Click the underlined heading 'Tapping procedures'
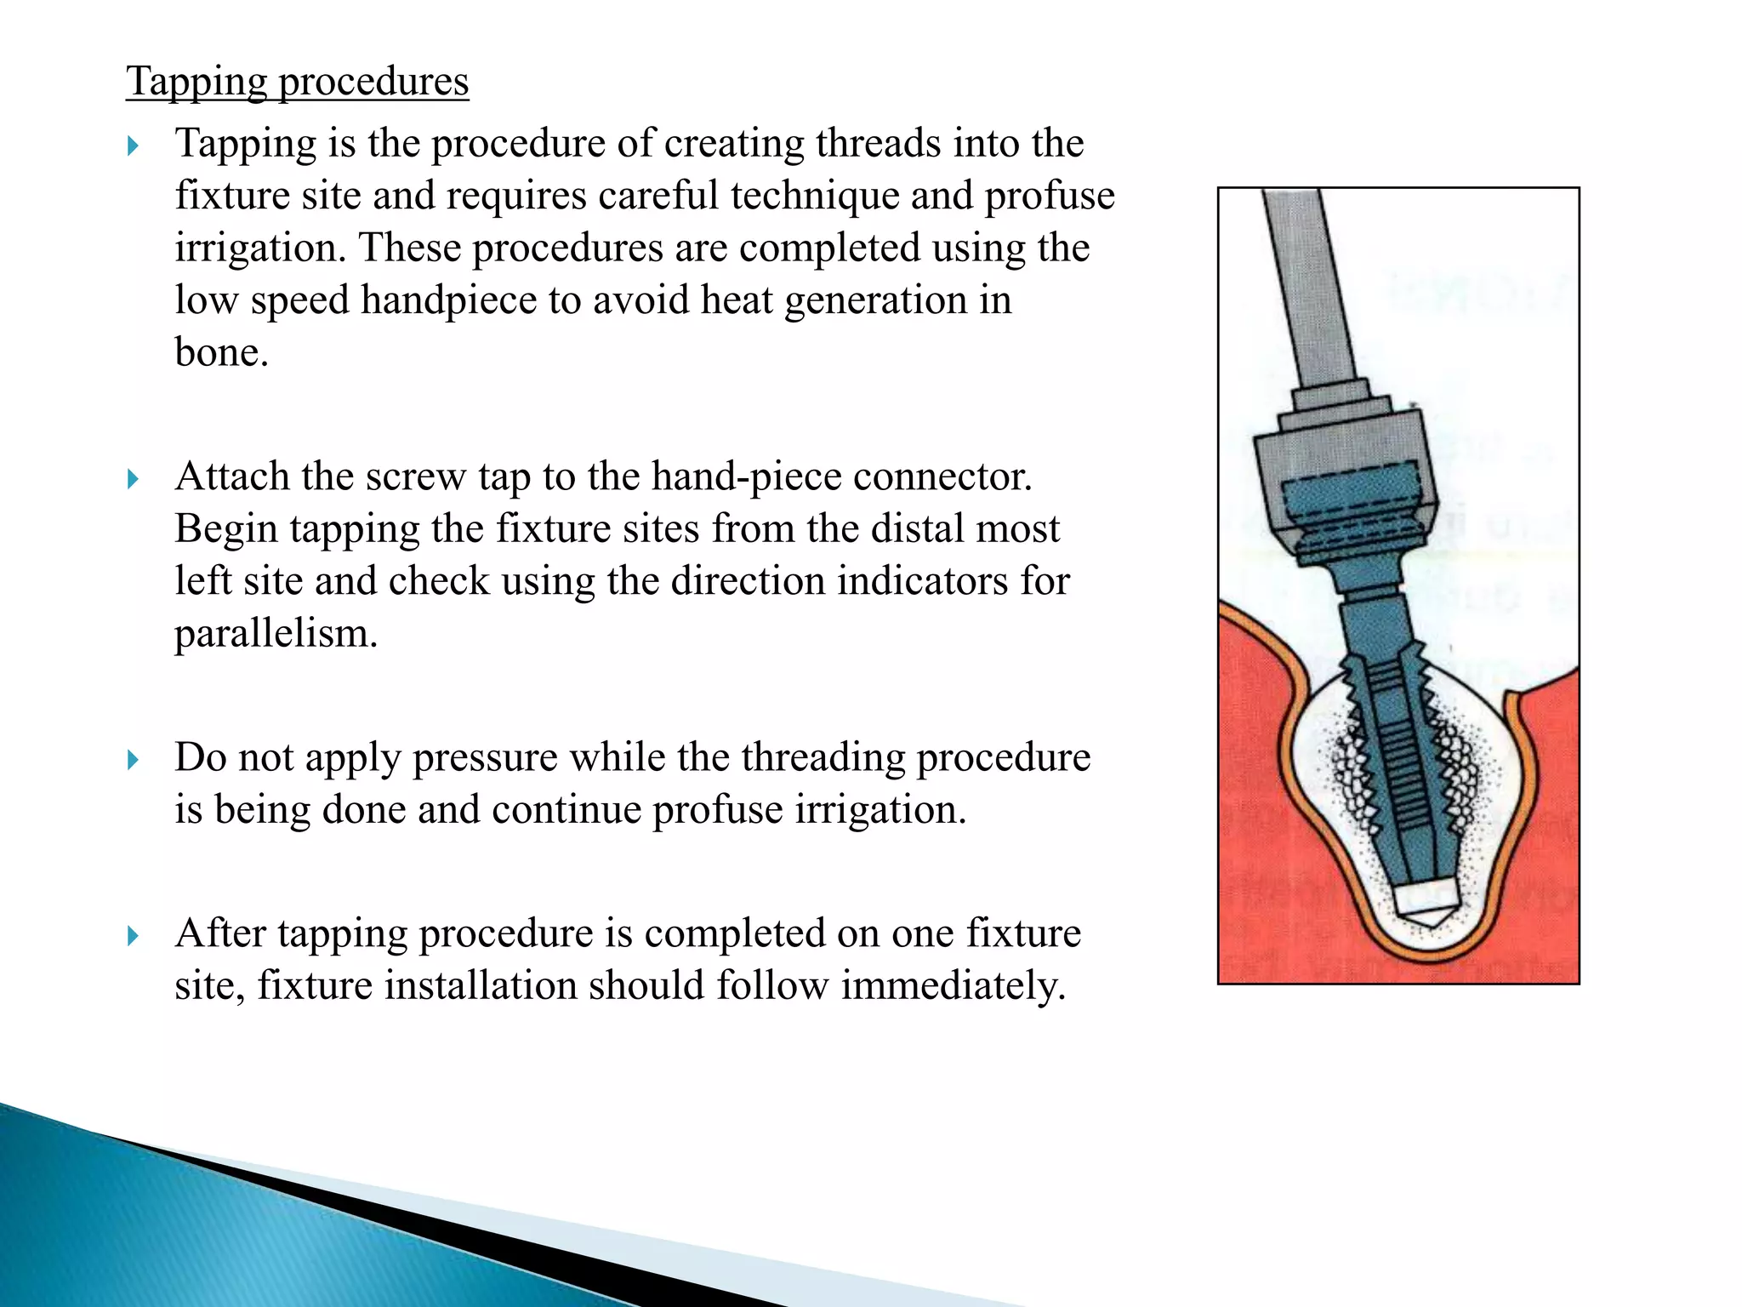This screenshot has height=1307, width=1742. click(297, 82)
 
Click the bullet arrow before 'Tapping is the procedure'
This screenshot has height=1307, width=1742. click(133, 146)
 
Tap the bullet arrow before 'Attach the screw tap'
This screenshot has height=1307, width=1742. click(133, 479)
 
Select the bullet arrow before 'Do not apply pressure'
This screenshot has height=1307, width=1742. click(133, 759)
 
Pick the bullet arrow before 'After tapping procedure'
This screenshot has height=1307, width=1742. click(133, 936)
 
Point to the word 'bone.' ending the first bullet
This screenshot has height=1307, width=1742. click(221, 353)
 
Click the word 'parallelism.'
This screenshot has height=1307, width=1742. click(276, 634)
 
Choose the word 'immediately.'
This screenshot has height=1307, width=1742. click(953, 985)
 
